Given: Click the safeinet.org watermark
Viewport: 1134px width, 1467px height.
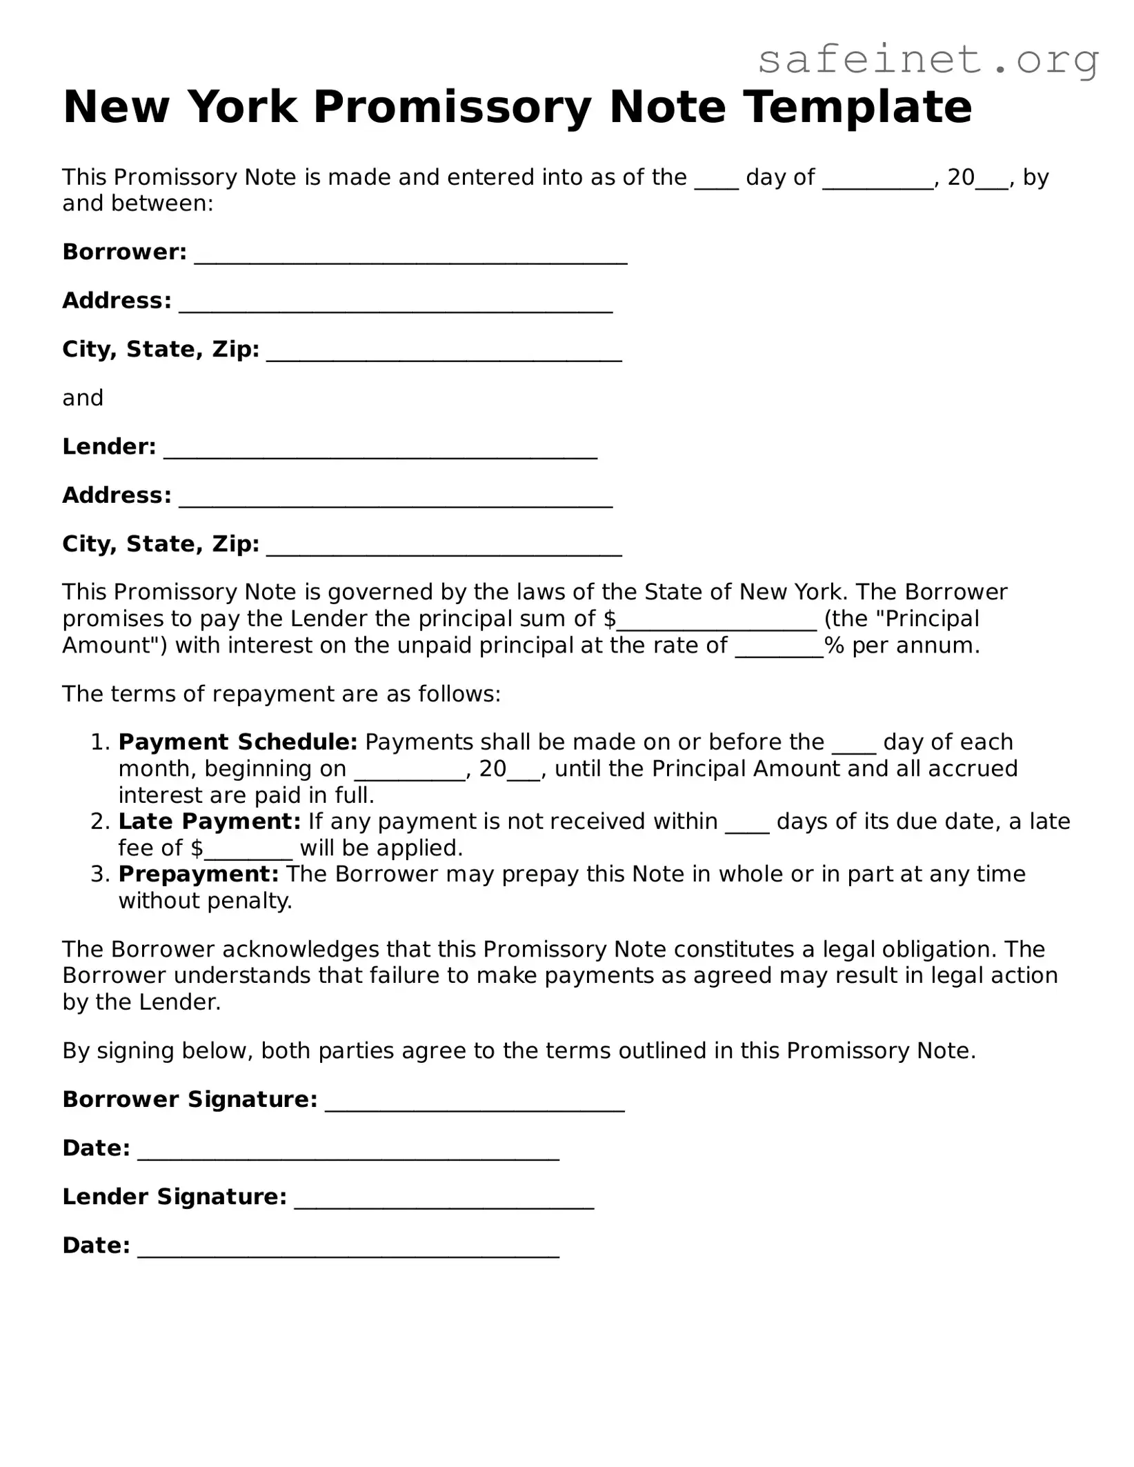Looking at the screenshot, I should click(928, 59).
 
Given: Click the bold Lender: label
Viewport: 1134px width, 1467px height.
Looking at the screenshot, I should click(109, 447).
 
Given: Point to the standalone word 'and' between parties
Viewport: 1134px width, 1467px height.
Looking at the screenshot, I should click(83, 398).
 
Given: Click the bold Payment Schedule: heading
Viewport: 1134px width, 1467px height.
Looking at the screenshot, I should click(238, 742).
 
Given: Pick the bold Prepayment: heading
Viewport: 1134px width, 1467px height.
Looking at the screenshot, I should click(199, 875).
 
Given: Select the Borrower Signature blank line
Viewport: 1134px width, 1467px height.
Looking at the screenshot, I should click(475, 1103).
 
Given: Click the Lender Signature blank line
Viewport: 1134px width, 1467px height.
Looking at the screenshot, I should click(444, 1200).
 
